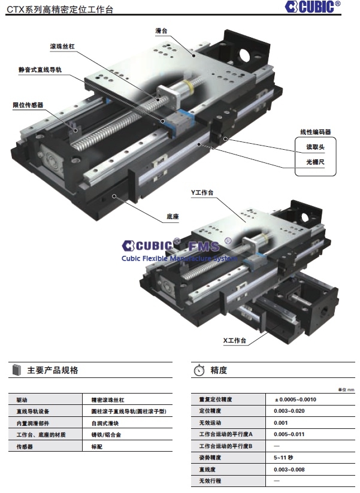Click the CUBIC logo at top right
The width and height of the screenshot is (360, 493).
click(312, 7)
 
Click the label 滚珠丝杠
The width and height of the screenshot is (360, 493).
click(62, 46)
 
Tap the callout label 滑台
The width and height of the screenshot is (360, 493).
click(161, 31)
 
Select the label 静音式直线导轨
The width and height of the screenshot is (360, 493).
click(40, 70)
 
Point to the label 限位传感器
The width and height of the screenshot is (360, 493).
click(28, 105)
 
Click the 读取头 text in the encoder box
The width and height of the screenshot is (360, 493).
click(315, 147)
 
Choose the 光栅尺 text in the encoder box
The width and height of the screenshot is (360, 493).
click(315, 162)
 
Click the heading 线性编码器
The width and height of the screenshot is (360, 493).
click(316, 132)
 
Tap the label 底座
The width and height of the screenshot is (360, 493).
click(173, 216)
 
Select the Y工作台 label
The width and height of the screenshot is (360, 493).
click(202, 192)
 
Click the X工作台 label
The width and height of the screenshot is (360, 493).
click(235, 340)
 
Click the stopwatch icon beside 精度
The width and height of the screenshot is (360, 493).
click(199, 370)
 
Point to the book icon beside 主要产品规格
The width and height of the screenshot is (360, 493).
click(16, 370)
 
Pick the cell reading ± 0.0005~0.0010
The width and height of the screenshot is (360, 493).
click(295, 400)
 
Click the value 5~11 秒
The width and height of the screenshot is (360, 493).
click(283, 458)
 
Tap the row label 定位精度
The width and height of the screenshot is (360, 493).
click(210, 411)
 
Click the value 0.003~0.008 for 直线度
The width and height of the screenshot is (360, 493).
click(289, 470)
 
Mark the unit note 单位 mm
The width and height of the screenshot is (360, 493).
click(346, 390)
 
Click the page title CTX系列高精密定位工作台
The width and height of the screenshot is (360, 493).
click(60, 9)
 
